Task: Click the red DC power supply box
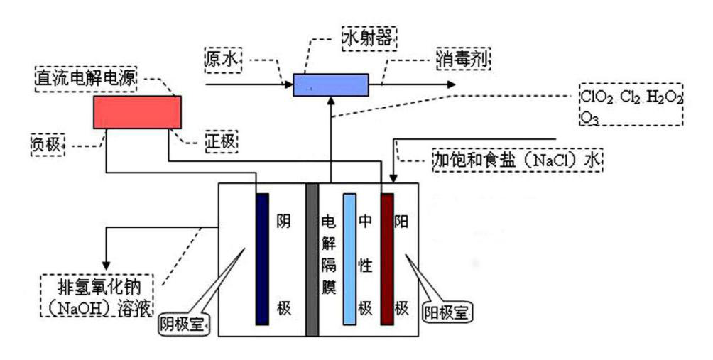[x=137, y=112]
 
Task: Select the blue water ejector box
[x=331, y=84]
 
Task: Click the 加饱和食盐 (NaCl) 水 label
[x=517, y=160]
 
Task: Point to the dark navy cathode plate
[x=262, y=258]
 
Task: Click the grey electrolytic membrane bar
[x=311, y=260]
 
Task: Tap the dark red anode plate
[x=387, y=258]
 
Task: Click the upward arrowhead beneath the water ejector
[x=331, y=101]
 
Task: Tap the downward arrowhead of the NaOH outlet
[x=106, y=259]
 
